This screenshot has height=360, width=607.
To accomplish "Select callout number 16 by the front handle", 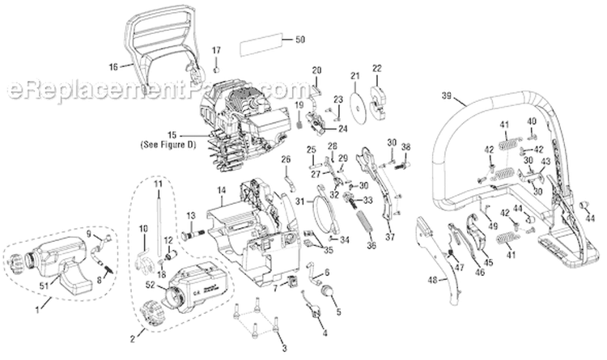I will [x=113, y=66].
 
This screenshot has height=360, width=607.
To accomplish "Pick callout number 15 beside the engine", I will [x=170, y=135].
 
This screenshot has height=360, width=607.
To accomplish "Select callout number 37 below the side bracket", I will [x=390, y=237].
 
